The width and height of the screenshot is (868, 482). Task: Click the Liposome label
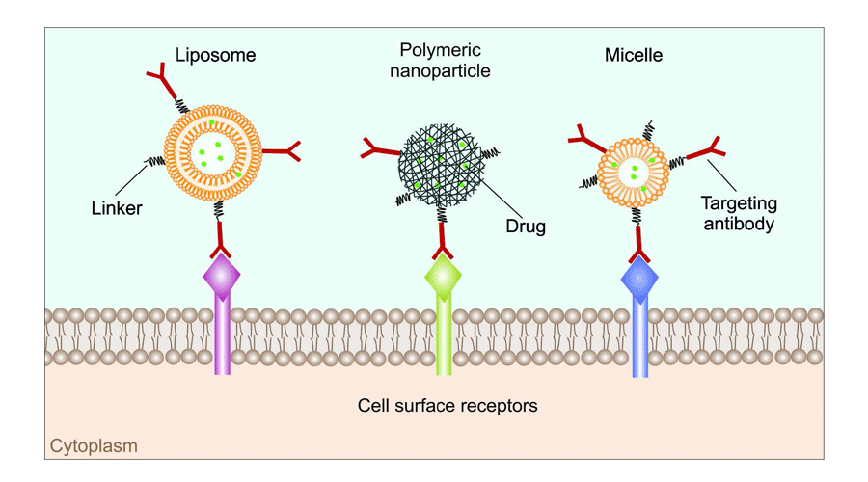(215, 55)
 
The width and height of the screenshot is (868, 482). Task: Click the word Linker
(115, 207)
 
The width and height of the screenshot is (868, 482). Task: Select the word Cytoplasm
(94, 446)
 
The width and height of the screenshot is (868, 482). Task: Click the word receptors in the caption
(494, 405)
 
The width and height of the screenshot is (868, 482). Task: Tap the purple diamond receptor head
(221, 279)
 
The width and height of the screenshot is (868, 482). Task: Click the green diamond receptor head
(444, 279)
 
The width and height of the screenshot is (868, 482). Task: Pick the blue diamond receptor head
(639, 280)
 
